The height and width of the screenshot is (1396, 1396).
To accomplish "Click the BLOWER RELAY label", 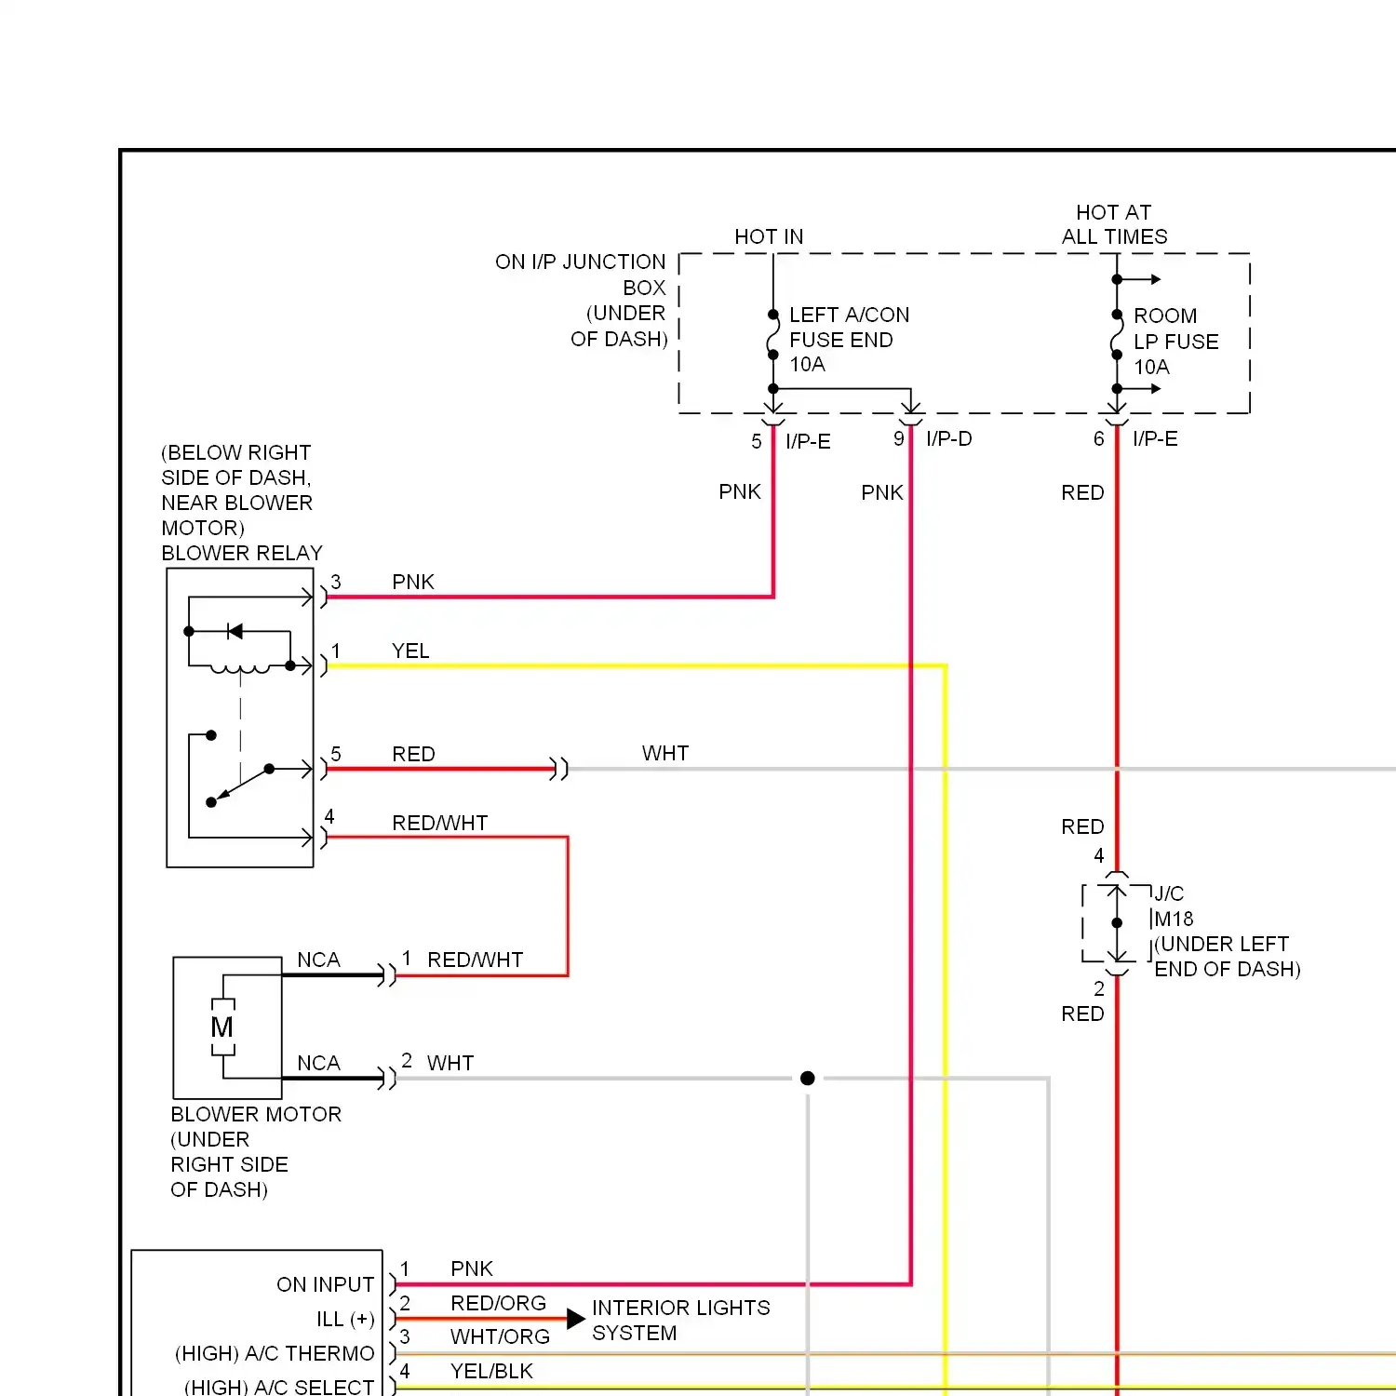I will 242,553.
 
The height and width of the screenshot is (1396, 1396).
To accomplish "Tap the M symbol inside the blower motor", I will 222,1027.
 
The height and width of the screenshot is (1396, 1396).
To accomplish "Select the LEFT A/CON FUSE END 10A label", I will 848,340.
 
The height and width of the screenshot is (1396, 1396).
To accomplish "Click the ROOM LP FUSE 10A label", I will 1175,342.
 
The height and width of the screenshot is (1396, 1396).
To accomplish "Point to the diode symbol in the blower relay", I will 235,632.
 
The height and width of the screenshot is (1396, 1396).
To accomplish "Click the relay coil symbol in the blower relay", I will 240,667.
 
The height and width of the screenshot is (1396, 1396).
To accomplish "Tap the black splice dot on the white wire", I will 808,1078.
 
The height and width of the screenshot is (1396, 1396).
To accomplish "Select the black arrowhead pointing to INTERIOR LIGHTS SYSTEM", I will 575,1319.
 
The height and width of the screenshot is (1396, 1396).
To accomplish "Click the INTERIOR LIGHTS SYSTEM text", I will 680,1320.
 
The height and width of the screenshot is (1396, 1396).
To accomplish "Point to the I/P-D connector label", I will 948,439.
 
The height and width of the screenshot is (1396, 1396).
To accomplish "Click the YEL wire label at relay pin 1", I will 410,651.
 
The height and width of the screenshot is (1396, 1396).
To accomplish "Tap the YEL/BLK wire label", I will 491,1371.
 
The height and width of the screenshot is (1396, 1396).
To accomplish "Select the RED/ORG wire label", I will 498,1303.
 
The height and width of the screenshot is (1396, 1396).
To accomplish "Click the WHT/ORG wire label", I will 500,1336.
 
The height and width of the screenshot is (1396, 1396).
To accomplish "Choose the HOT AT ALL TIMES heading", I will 1114,224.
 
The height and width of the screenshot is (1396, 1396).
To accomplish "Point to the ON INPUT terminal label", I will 325,1284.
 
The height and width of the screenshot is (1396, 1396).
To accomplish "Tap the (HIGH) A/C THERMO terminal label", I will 275,1353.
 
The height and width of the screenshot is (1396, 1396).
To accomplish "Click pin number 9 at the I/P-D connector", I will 898,438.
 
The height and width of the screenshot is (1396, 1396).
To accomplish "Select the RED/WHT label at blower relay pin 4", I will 439,823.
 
